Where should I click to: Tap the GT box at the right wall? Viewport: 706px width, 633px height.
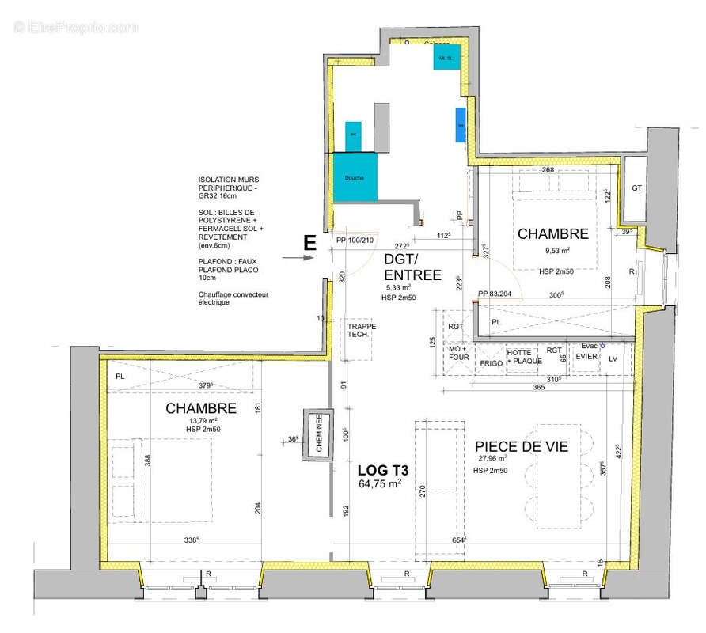pos(636,188)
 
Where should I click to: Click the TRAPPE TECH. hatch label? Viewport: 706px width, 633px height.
pos(361,330)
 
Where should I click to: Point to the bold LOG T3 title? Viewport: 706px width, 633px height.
pos(378,469)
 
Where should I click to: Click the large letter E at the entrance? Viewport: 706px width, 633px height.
pos(311,244)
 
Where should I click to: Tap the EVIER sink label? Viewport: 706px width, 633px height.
pos(586,358)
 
